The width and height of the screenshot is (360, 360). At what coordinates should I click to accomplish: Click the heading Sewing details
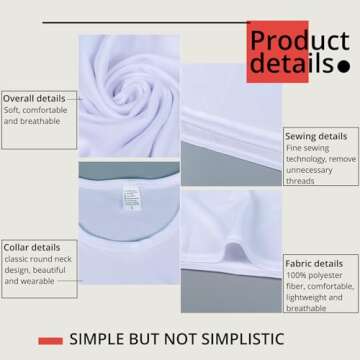pos(316,135)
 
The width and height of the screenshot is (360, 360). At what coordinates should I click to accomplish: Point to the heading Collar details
pos(32,246)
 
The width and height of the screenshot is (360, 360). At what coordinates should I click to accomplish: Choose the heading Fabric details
pos(315,263)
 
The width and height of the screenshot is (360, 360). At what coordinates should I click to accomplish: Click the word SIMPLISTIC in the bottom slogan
pos(267,340)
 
